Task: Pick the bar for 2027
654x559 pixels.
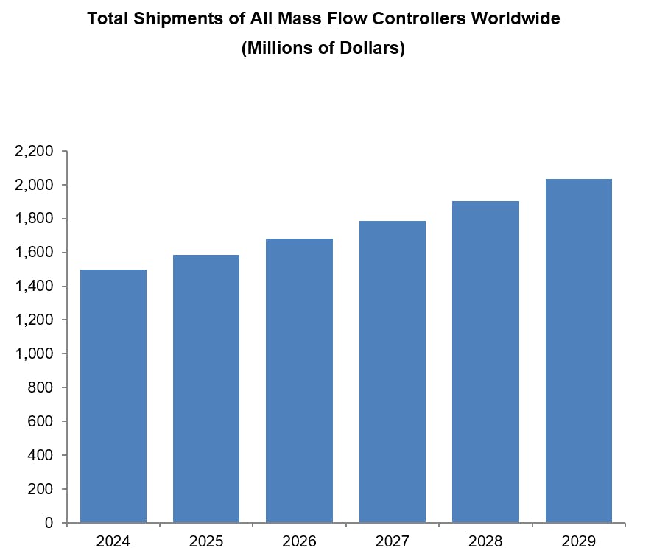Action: (393, 372)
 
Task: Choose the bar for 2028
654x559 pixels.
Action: (485, 362)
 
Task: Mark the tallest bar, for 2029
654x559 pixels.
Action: (578, 351)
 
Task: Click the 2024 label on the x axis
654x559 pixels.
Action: (113, 541)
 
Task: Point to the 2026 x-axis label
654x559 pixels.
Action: (299, 541)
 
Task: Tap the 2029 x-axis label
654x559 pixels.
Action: (578, 541)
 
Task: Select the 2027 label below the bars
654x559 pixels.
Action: (393, 541)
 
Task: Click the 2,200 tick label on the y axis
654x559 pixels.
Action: (34, 151)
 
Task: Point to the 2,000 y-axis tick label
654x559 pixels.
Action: (34, 185)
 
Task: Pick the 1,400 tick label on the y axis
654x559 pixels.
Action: (34, 286)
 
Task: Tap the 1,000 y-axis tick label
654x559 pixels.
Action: (34, 354)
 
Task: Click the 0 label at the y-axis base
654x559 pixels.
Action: (49, 523)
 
